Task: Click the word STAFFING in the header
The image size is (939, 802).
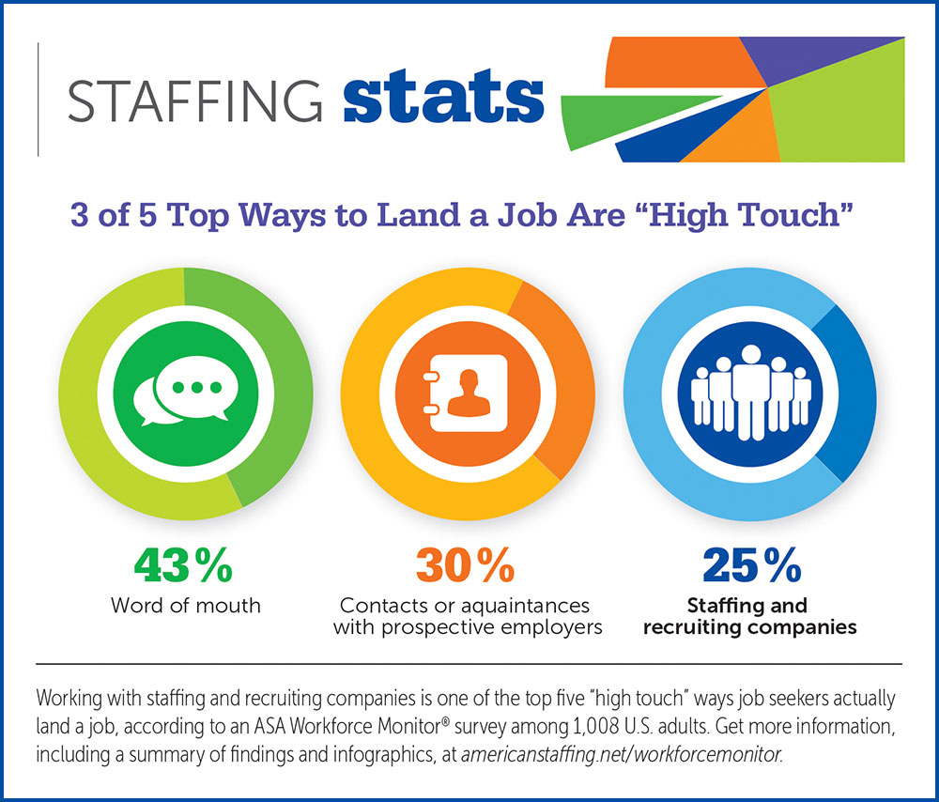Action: point(195,100)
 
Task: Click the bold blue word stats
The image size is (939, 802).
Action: point(444,97)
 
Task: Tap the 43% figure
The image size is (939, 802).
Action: point(183,564)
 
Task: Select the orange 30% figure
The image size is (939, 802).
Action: point(466,564)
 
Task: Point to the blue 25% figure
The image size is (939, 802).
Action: point(752,564)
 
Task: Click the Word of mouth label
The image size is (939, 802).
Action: point(186,606)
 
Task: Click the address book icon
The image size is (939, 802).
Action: point(466,393)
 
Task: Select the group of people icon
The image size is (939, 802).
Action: point(751,393)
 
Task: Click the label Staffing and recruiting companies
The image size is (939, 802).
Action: point(749,616)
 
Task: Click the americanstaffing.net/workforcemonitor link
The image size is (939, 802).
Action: point(622,753)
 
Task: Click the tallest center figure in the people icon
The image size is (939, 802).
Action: point(751,393)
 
